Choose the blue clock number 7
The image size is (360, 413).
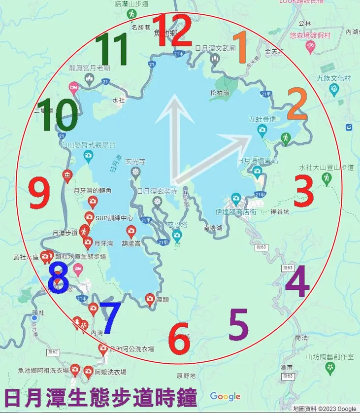110,318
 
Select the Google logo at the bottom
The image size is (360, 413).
226,396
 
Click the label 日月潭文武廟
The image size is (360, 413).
215,48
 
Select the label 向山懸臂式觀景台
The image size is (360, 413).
88,145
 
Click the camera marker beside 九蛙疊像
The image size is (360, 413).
262,130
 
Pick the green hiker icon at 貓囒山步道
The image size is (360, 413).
131,15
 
